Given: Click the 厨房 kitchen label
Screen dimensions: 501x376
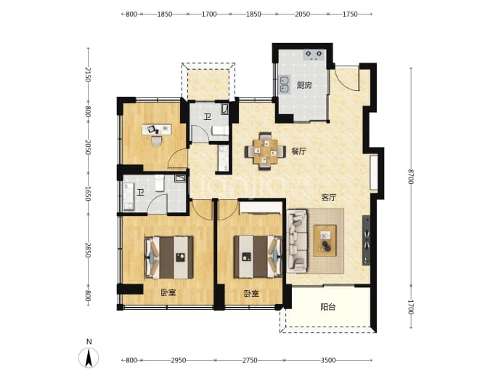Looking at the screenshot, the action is [x=304, y=85].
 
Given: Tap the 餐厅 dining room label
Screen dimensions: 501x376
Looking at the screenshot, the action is [x=298, y=151].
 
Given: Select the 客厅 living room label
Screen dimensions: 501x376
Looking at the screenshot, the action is [x=328, y=197].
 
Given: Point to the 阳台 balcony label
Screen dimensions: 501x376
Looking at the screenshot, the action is [x=327, y=307].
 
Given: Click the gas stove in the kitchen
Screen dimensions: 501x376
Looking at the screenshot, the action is [x=314, y=55].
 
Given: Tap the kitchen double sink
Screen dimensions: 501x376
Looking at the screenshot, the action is [x=285, y=84].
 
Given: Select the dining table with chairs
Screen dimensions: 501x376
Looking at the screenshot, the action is [x=265, y=151].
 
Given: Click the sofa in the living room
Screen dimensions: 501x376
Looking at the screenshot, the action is [x=297, y=241].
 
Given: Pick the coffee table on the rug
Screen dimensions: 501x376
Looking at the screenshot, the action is [x=325, y=241].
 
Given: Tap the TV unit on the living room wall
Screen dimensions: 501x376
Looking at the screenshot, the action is [x=367, y=240].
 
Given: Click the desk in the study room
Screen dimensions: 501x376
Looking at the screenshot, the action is [x=157, y=129].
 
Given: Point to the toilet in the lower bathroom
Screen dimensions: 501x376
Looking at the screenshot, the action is [x=160, y=183].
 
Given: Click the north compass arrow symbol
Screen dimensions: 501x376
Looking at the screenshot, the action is [x=89, y=357].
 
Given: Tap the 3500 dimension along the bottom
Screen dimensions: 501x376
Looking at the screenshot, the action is [x=328, y=360].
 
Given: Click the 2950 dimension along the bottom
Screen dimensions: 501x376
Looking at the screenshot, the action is [x=179, y=360].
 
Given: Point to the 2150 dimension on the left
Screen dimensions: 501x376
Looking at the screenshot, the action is [x=88, y=75].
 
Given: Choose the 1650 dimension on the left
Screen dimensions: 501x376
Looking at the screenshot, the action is [x=88, y=194].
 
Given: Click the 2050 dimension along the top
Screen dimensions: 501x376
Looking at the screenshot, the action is [x=302, y=14].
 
